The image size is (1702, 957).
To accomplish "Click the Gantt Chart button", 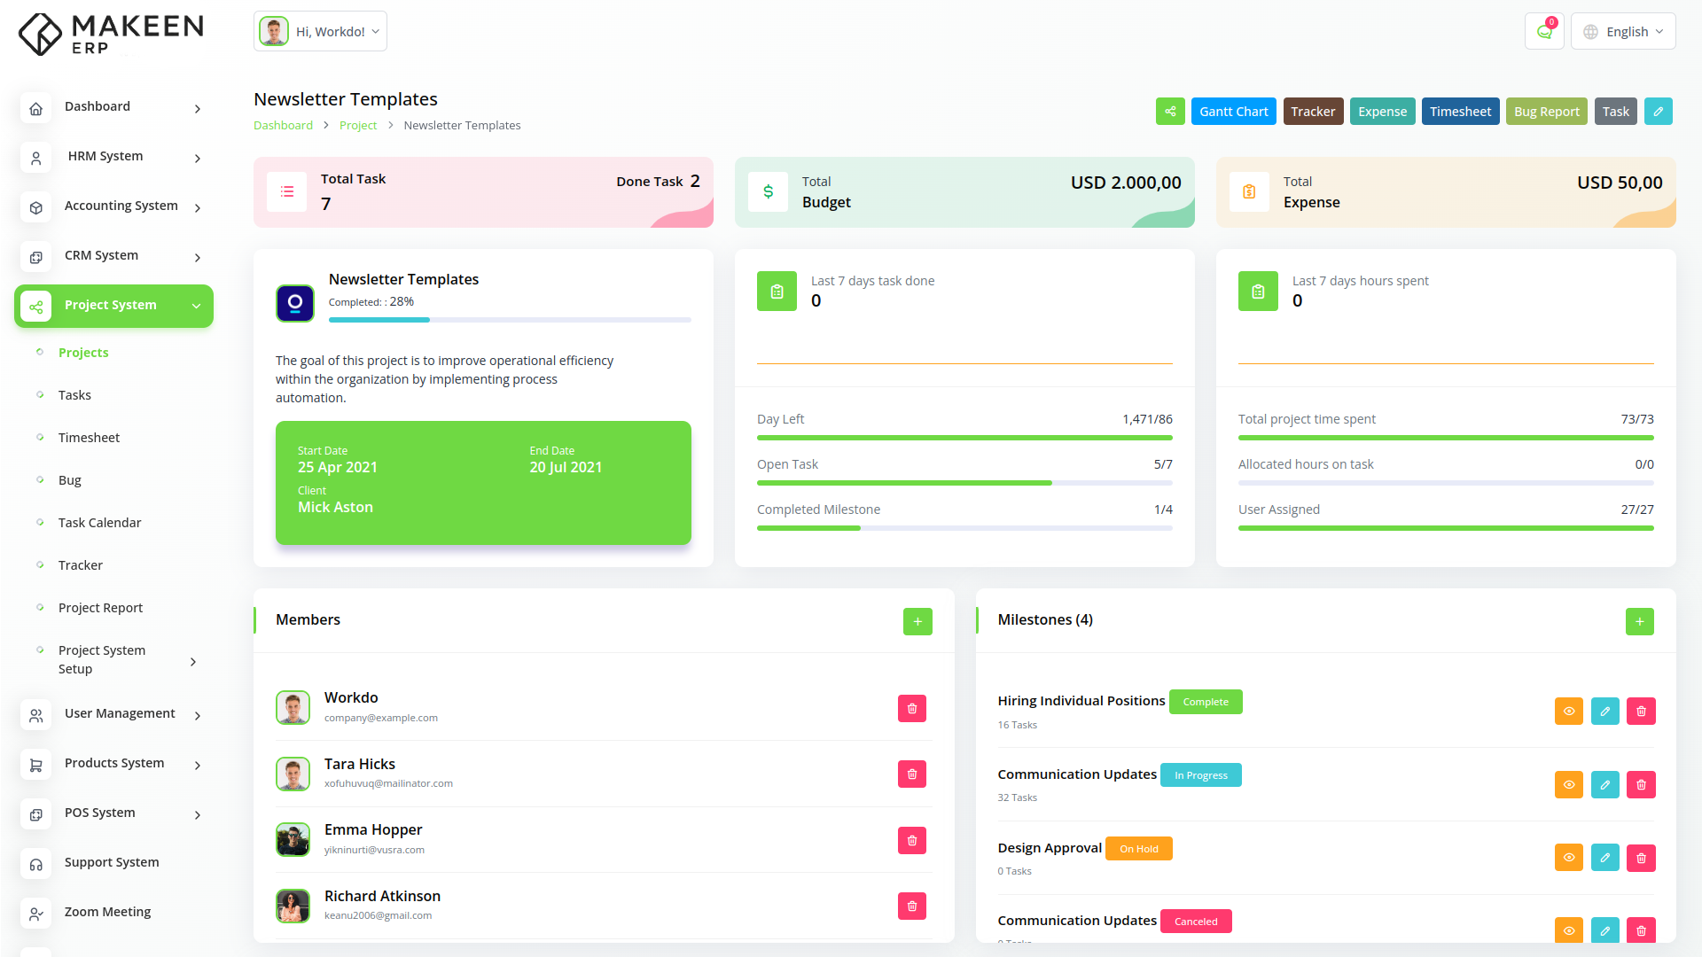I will pyautogui.click(x=1233, y=112).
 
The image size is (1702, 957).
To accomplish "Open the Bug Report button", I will pyautogui.click(x=1546, y=112).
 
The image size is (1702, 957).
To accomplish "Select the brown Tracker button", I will pyautogui.click(x=1312, y=112).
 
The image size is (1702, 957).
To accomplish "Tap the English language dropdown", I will pyautogui.click(x=1623, y=32).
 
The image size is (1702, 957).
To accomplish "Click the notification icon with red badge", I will pyautogui.click(x=1544, y=32).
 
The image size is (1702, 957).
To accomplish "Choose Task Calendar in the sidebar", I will pyautogui.click(x=99, y=523).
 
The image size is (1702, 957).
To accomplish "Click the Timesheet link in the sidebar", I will pyautogui.click(x=89, y=438).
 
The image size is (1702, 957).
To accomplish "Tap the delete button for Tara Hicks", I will pyautogui.click(x=911, y=774).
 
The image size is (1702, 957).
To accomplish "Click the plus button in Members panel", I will pyautogui.click(x=917, y=622).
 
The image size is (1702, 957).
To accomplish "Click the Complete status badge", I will pyautogui.click(x=1206, y=702).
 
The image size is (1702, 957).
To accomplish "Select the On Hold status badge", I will pyautogui.click(x=1138, y=849).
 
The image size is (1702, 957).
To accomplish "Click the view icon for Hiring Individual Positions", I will pyautogui.click(x=1568, y=712).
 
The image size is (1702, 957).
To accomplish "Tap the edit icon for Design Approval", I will pyautogui.click(x=1604, y=858).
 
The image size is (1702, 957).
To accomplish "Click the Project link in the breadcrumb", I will pyautogui.click(x=358, y=126).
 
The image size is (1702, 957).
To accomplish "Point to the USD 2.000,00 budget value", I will pyautogui.click(x=1126, y=183).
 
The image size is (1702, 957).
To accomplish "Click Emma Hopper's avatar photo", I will pyautogui.click(x=293, y=840).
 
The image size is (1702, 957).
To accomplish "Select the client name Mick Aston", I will pyautogui.click(x=335, y=508).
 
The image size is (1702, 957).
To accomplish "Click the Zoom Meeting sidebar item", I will pyautogui.click(x=107, y=912).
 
